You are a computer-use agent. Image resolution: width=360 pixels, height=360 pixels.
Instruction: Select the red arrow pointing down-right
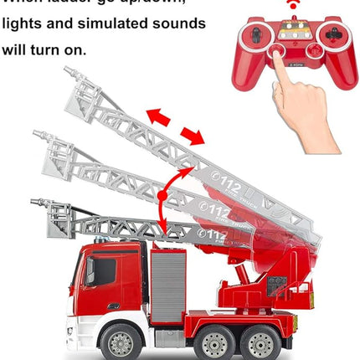coord(192,136)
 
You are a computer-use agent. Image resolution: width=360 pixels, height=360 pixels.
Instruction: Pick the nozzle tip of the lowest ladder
coord(33,202)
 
